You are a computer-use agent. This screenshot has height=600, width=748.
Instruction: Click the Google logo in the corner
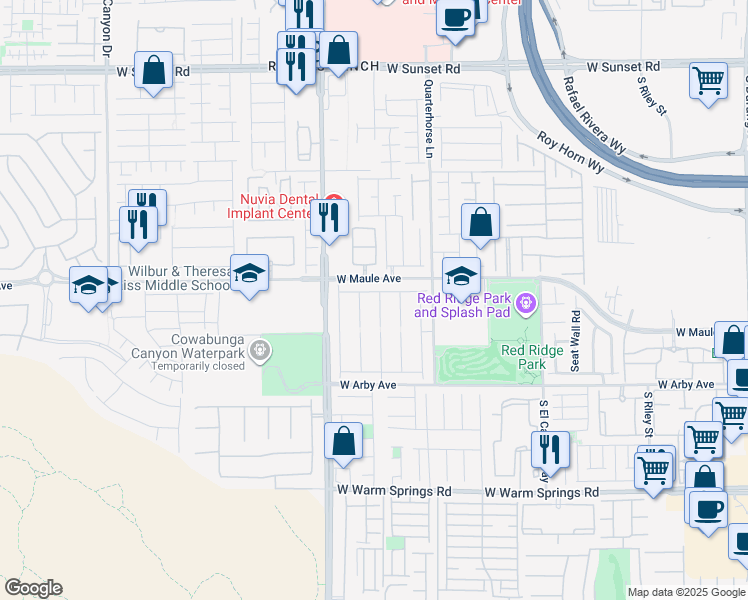[x=33, y=588]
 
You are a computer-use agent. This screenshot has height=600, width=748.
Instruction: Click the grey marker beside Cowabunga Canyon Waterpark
[x=261, y=350]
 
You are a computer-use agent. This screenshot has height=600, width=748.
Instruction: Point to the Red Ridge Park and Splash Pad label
[x=463, y=305]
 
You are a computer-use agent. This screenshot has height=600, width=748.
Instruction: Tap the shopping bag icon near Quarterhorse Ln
[x=481, y=222]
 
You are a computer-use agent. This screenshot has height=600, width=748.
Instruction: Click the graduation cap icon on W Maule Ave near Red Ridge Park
[x=461, y=275]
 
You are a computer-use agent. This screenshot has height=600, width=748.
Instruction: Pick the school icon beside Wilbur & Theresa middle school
[x=249, y=273]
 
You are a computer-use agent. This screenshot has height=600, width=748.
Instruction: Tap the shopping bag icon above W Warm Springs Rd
[x=343, y=441]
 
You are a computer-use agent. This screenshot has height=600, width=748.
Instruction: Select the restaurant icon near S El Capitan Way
[x=550, y=449]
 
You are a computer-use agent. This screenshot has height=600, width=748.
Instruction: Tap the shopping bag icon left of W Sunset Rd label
[x=153, y=70]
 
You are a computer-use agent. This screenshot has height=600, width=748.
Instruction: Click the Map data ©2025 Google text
[x=686, y=592]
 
